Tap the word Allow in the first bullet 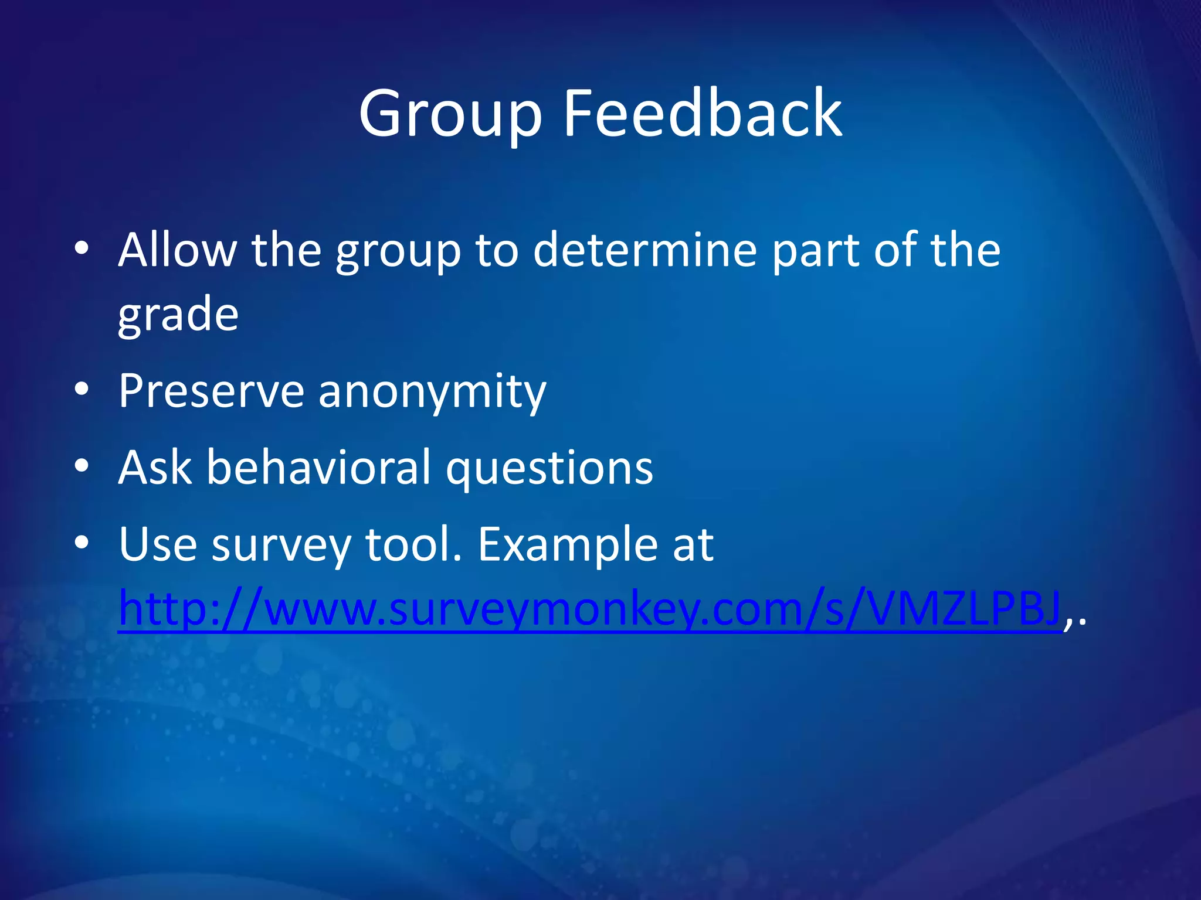coord(177,250)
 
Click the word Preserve coord(211,391)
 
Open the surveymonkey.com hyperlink coord(589,610)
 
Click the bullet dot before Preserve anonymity coord(82,389)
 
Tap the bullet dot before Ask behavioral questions coord(82,466)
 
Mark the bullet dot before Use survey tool coord(82,543)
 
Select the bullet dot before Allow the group coord(82,249)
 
